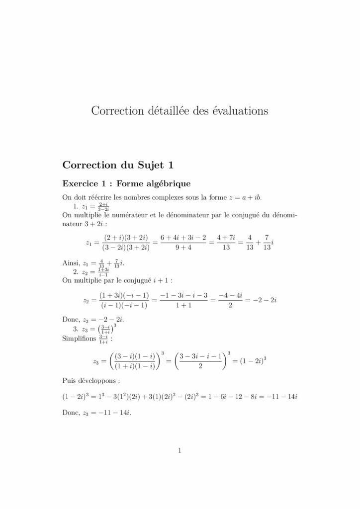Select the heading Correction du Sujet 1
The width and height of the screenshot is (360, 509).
(x=117, y=164)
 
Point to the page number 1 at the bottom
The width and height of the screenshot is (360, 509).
(x=180, y=451)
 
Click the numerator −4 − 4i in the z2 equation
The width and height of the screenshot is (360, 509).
(x=229, y=295)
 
